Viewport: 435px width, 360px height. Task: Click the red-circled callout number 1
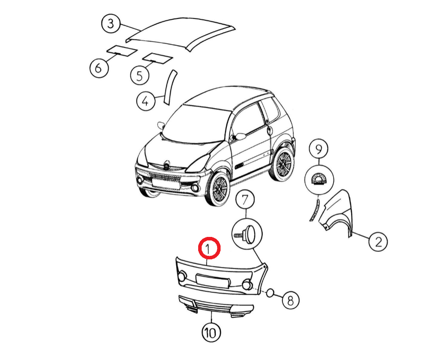pos(209,248)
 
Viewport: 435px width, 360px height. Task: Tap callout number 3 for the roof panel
pos(111,23)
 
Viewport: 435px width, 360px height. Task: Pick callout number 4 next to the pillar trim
pos(145,102)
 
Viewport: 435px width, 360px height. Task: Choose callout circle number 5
pos(140,75)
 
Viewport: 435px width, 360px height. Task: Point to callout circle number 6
pos(99,68)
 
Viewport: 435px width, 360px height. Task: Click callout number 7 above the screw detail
pos(245,200)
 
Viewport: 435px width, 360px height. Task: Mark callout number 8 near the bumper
pos(290,300)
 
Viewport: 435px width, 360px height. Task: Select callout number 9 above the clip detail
pos(319,149)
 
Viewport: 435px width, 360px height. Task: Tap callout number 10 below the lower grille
pos(211,332)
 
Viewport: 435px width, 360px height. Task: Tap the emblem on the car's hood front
pos(166,165)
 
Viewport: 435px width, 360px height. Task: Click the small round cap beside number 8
pos(270,293)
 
